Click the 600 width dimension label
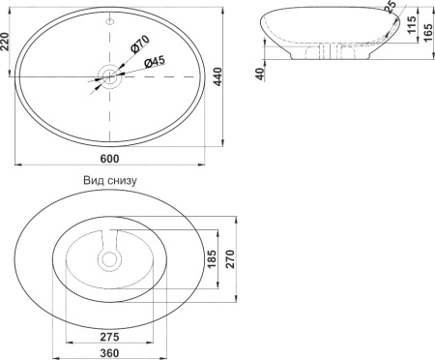click(109, 159)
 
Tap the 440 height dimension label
click(218, 76)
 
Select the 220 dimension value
click(5, 42)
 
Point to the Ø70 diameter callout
click(140, 44)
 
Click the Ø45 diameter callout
click(155, 61)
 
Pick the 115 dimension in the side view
click(412, 24)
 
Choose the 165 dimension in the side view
click(428, 32)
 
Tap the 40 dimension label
click(260, 74)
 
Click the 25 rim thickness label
click(390, 7)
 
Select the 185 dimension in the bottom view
click(212, 259)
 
